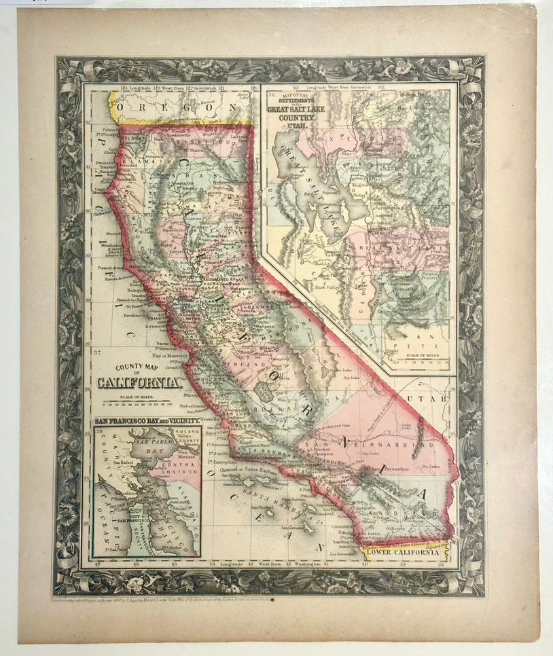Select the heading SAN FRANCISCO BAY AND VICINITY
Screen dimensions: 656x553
coord(147,422)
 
